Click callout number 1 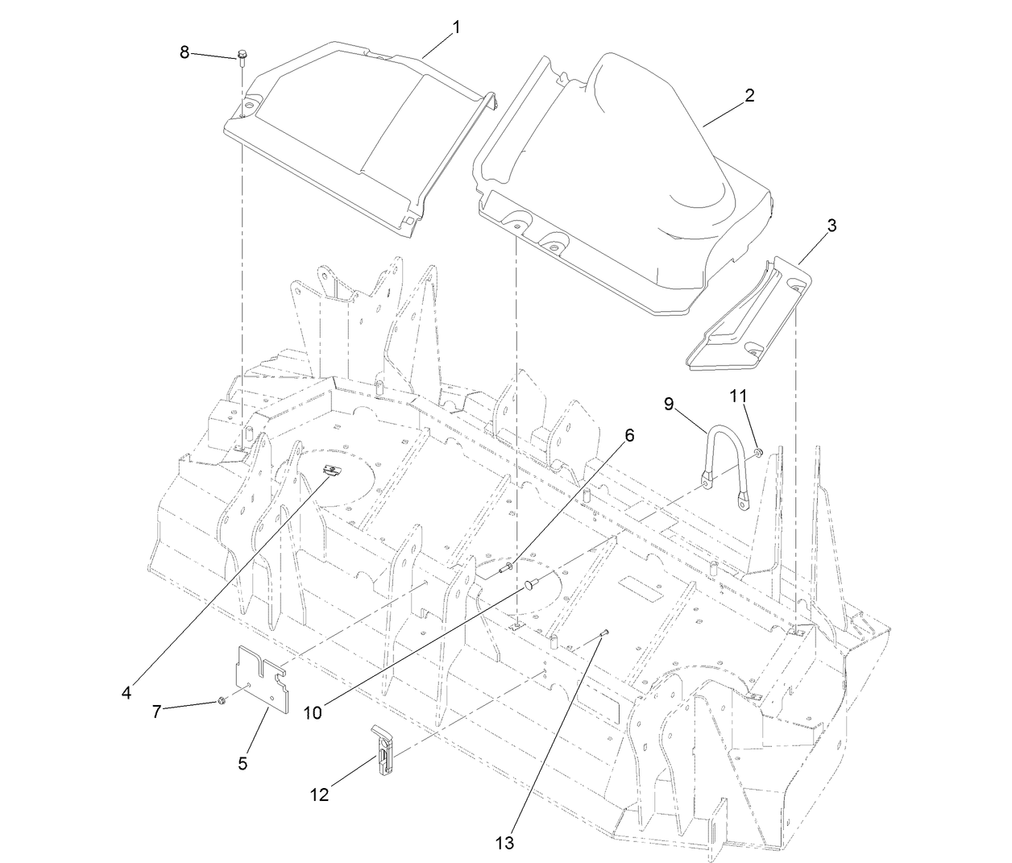click(456, 27)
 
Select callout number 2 click(749, 95)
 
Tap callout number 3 click(832, 226)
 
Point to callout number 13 click(505, 843)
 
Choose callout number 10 click(313, 712)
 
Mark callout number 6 click(629, 435)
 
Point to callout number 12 click(319, 795)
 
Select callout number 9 click(669, 404)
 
